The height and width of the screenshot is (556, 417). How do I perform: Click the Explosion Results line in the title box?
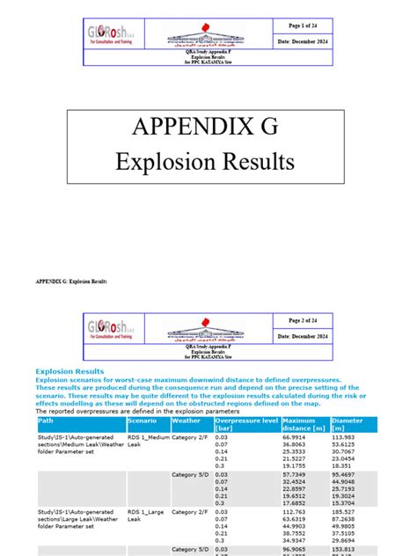coord(208,163)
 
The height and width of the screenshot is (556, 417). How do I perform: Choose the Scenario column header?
coord(143,421)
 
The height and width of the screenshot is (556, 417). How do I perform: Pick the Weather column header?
coord(187,421)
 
